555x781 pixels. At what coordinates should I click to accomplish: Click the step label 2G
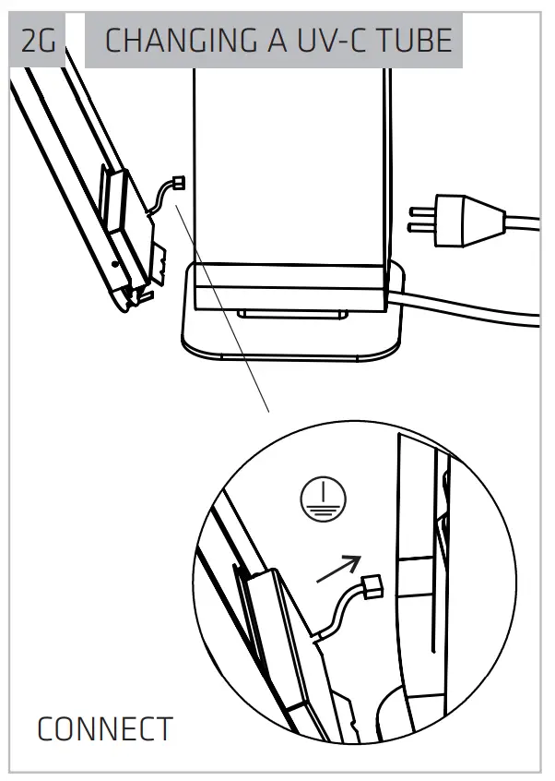(37, 42)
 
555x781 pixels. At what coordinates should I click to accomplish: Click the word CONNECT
(104, 729)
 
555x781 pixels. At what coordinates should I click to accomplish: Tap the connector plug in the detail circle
(372, 586)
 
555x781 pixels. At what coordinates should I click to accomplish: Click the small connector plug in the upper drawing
(178, 182)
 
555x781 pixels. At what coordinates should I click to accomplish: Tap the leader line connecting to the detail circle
(221, 305)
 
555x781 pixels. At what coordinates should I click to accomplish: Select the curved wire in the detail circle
(341, 609)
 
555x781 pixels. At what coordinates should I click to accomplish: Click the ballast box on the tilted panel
(117, 198)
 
